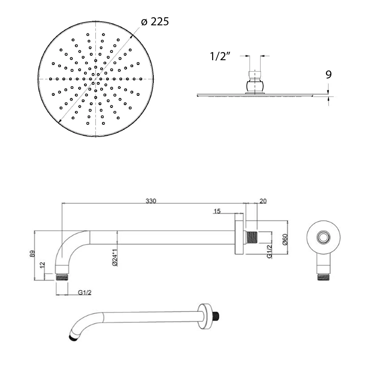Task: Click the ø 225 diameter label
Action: pyautogui.click(x=155, y=22)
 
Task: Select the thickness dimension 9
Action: pyautogui.click(x=328, y=75)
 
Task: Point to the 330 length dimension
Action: pyautogui.click(x=151, y=201)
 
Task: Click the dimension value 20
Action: pyautogui.click(x=263, y=201)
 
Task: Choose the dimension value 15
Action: pyautogui.click(x=217, y=211)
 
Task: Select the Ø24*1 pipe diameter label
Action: pyautogui.click(x=115, y=257)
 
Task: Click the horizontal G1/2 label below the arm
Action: pyautogui.click(x=84, y=292)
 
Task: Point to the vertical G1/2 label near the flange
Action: pyautogui.click(x=269, y=251)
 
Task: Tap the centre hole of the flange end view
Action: pyautogui.click(x=323, y=237)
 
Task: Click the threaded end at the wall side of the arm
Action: pyautogui.click(x=252, y=237)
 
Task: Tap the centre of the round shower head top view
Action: pyautogui.click(x=95, y=79)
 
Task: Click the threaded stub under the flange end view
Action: pyautogui.click(x=323, y=277)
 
